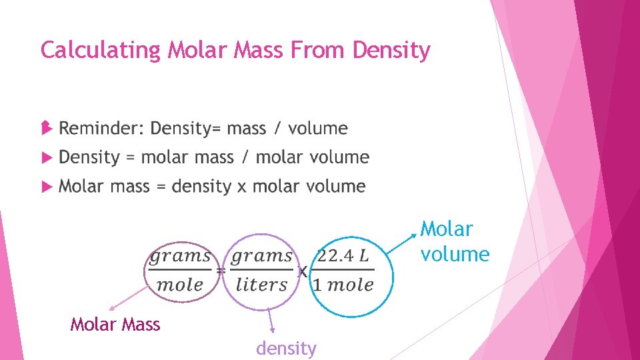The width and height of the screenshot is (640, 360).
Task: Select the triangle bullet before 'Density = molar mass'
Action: click(x=47, y=158)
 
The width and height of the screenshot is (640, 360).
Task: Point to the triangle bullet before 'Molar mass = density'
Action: click(x=47, y=187)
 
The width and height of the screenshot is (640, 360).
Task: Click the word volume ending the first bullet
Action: click(x=318, y=128)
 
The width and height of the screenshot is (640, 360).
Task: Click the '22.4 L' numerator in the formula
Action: click(x=343, y=255)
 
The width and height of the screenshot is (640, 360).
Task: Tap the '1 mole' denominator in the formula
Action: click(x=343, y=285)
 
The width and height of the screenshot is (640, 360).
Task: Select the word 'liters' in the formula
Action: click(x=261, y=285)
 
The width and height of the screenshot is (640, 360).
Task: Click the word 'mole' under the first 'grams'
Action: click(x=179, y=285)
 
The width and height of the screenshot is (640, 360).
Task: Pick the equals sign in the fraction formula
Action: click(x=221, y=271)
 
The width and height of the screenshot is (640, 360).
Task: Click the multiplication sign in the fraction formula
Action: click(x=302, y=271)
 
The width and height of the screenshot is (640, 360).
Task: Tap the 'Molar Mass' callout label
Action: click(x=115, y=325)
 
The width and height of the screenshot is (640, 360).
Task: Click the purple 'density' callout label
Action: click(x=286, y=348)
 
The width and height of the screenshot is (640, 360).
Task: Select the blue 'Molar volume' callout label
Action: click(x=455, y=241)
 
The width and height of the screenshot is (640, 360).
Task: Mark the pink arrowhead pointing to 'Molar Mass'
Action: click(x=112, y=309)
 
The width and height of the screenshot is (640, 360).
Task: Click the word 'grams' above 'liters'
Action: click(x=261, y=255)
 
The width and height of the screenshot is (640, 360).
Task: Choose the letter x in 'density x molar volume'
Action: click(x=242, y=187)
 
